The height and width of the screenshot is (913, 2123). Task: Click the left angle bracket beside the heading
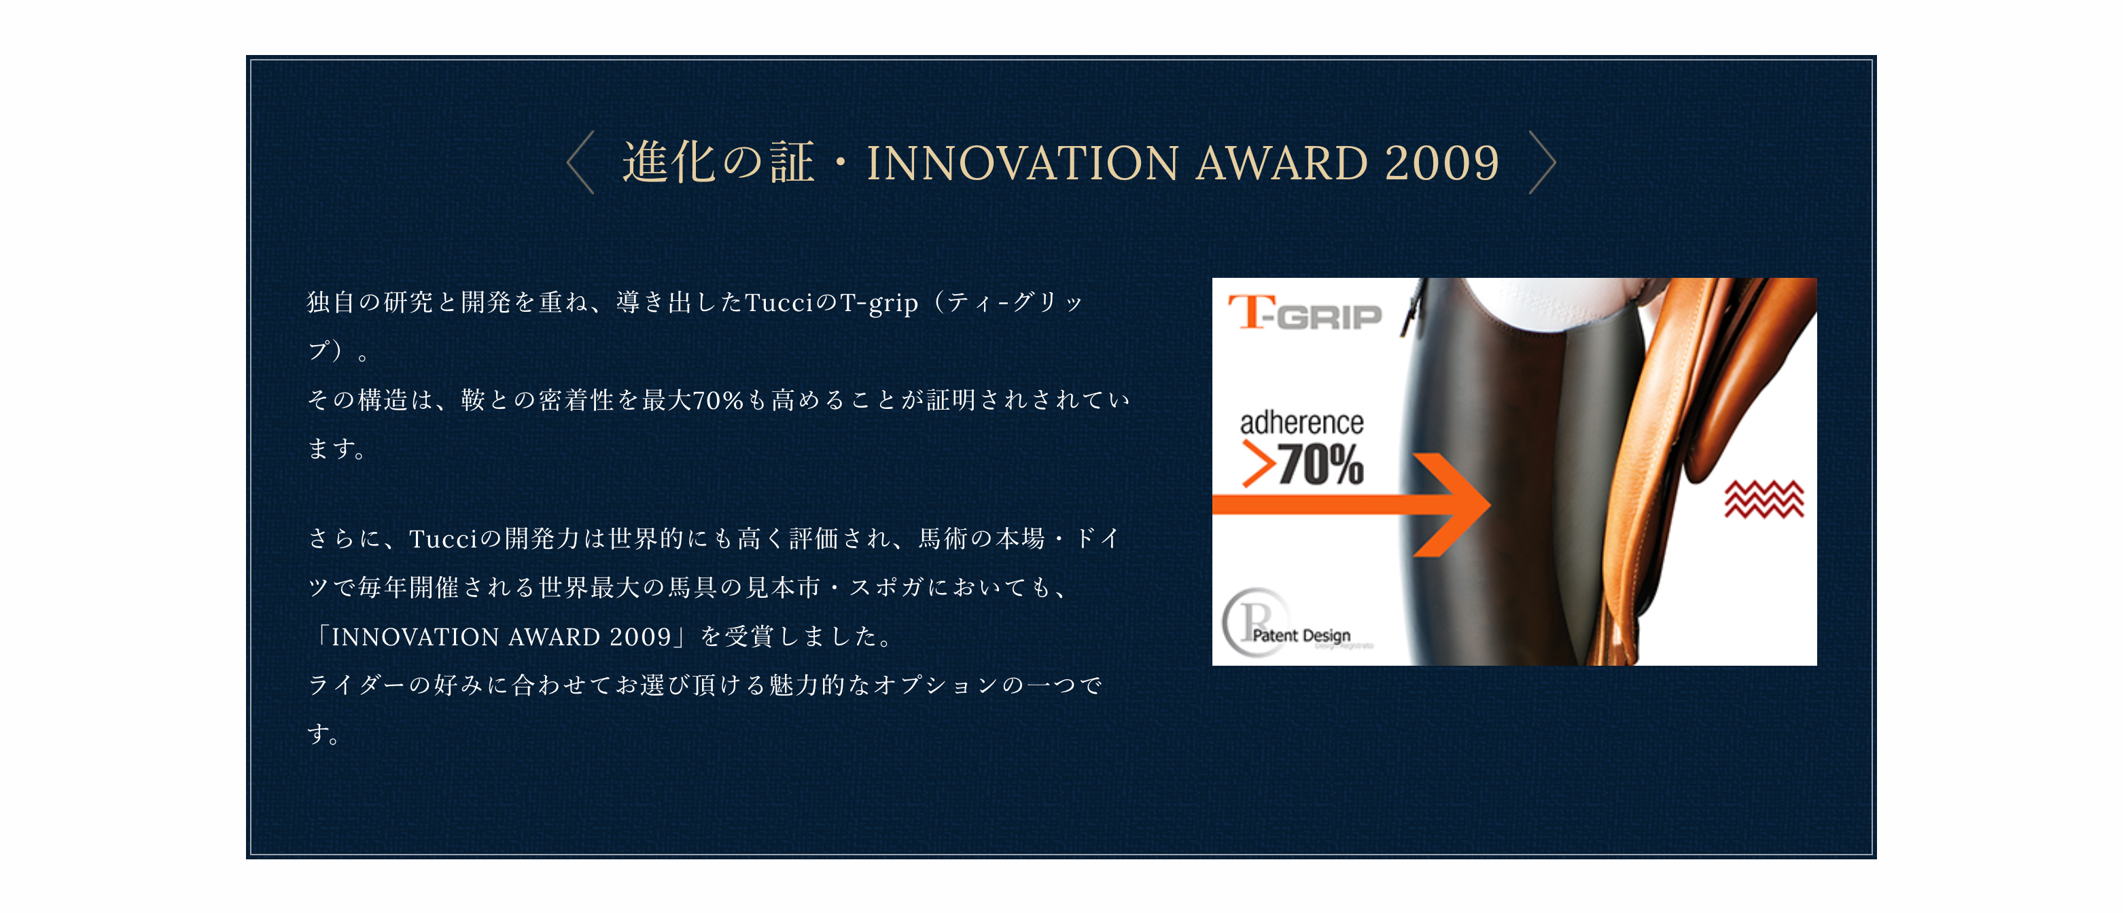click(x=580, y=162)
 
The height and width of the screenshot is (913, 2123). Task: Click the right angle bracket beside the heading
click(x=1543, y=162)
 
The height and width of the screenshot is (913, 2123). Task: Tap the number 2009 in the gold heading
click(x=1441, y=163)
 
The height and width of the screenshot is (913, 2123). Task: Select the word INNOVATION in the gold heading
click(x=1022, y=163)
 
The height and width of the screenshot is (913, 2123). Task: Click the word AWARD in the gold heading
click(x=1282, y=163)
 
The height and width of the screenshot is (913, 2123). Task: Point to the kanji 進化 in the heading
click(x=669, y=162)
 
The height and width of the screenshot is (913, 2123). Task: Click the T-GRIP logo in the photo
click(x=1304, y=313)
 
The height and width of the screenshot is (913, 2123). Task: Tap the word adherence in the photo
click(x=1301, y=423)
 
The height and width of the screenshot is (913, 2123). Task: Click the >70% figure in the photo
click(x=1303, y=464)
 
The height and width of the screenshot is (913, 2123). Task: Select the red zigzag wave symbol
click(x=1764, y=499)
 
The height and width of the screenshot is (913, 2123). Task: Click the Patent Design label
click(x=1301, y=635)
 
